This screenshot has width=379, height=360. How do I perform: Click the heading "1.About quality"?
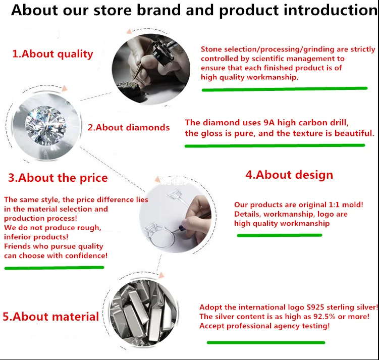(x=52, y=54)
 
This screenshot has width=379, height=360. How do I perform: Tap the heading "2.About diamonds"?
(x=129, y=127)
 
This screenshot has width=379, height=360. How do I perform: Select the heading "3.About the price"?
(x=58, y=178)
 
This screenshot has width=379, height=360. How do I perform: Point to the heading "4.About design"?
(x=289, y=175)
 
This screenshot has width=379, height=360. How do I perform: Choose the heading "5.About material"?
(x=51, y=317)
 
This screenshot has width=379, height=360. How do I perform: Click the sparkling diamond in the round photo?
(x=46, y=125)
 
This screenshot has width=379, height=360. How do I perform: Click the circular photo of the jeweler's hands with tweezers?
(x=151, y=69)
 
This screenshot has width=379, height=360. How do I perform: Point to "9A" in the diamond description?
(x=269, y=123)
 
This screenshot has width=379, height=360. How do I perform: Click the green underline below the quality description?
(x=285, y=89)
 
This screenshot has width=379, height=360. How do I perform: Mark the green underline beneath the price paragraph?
(x=54, y=268)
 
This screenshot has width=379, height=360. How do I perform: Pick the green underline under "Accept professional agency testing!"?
(x=266, y=342)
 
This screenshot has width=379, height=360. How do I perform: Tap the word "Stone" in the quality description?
(x=211, y=49)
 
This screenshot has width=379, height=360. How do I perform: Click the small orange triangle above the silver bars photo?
(x=161, y=275)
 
